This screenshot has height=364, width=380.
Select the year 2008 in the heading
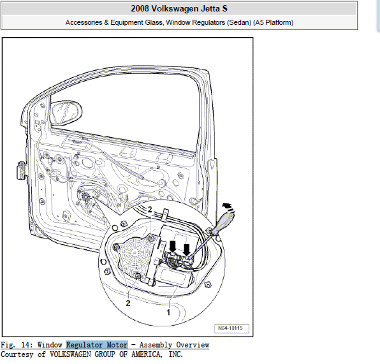coord(140,8)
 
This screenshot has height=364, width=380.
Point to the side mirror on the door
coord(67,113)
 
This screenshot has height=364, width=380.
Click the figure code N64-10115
coord(230,328)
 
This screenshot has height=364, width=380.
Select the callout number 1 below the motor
coord(168,312)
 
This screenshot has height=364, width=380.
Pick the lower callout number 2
coord(128,303)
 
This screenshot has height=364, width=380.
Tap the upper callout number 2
coord(150,209)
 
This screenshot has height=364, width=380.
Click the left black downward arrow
coord(173,246)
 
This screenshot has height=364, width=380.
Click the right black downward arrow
coord(186,250)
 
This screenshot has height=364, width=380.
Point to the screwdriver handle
coord(223,223)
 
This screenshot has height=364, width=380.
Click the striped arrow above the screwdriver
coord(228,208)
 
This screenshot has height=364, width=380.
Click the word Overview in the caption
coord(193,345)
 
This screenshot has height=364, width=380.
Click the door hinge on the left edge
coord(21,171)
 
